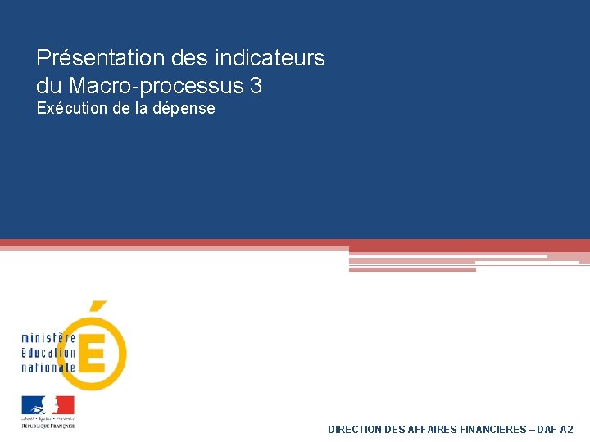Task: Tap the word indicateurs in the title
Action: point(270,59)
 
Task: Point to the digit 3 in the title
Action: point(256,85)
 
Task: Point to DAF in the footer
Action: point(547,429)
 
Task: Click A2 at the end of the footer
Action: point(567,429)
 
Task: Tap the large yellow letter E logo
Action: point(98,352)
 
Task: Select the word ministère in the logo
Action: point(48,338)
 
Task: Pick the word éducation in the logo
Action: point(48,353)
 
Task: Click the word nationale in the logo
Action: point(48,368)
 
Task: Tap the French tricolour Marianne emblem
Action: point(48,406)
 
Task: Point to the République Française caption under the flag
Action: point(48,426)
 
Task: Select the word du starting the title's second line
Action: point(49,85)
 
